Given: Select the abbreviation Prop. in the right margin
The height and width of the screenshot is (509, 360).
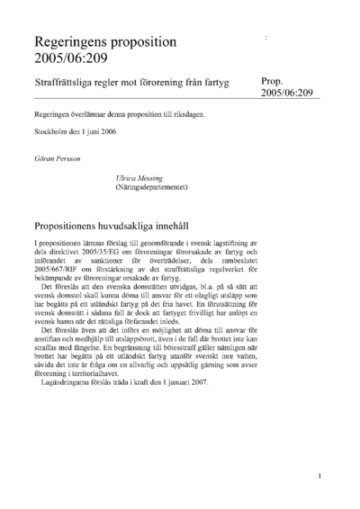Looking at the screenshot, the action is pos(273,80).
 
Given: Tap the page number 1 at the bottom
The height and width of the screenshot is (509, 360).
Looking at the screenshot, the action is pos(320,476).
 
